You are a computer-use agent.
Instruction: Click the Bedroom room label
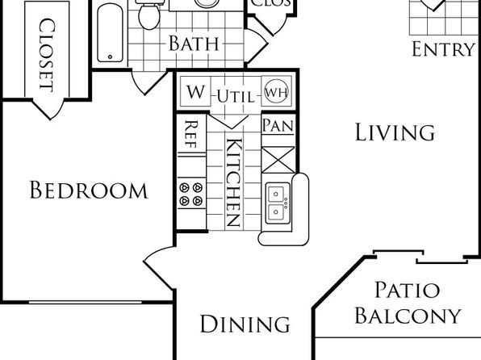[89, 190]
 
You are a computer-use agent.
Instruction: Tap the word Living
[395, 132]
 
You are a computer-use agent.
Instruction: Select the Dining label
[245, 324]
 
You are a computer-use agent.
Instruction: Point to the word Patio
[408, 290]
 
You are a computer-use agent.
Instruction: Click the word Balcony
[408, 315]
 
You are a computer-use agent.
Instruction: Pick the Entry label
[443, 49]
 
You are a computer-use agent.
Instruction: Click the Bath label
[194, 44]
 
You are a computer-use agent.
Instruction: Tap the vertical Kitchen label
[234, 182]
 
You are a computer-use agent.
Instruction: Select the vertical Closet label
[48, 55]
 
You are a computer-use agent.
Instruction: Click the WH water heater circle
[276, 91]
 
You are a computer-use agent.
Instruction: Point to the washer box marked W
[196, 91]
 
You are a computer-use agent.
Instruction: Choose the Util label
[236, 97]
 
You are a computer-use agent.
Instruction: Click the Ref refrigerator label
[191, 134]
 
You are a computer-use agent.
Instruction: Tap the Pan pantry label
[278, 125]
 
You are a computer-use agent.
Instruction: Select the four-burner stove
[191, 194]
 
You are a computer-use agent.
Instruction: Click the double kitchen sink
[278, 203]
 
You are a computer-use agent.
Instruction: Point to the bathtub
[110, 33]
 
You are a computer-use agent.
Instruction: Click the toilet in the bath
[149, 14]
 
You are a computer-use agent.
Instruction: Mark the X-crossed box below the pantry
[278, 160]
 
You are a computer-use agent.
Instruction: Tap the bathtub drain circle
[110, 57]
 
